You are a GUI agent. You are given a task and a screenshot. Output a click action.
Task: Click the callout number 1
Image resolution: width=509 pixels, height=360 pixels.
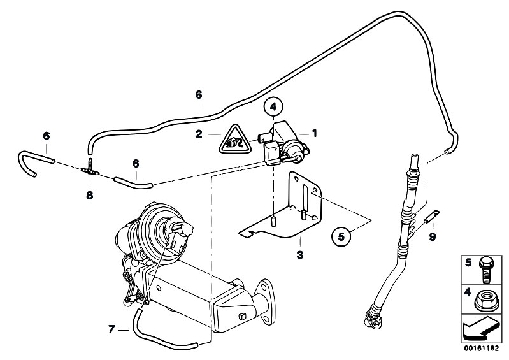313,134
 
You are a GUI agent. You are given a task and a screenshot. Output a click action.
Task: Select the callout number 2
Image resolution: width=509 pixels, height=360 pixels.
199,134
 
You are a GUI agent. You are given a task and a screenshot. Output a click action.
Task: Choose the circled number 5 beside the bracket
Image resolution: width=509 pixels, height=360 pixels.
341,236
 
